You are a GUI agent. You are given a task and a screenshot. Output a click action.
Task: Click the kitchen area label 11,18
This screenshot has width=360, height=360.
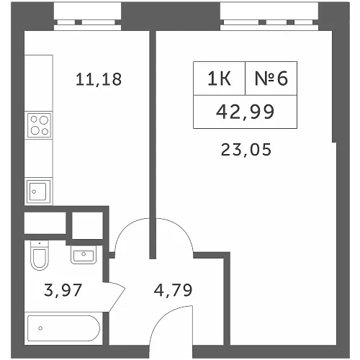coord(99,80)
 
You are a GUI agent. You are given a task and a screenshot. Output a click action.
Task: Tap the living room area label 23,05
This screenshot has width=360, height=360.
coord(246,150)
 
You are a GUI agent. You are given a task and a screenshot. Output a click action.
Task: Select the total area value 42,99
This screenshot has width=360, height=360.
coord(245,112)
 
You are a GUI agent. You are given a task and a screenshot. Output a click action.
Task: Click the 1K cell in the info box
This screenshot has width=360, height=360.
coord(220,78)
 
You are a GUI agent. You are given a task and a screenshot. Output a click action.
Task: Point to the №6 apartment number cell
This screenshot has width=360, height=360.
coord(271,78)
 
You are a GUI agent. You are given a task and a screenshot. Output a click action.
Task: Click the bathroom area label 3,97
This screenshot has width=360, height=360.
coord(63,290)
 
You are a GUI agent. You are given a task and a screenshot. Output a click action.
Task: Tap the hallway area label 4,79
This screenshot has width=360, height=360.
coord(173,290)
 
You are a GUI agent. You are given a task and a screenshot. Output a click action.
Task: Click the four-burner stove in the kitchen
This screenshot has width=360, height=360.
coord(40,125)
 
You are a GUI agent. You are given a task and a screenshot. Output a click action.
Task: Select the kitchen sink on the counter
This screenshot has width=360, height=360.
coord(38,192)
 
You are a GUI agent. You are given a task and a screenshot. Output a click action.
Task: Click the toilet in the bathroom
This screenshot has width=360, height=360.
coord(40,255)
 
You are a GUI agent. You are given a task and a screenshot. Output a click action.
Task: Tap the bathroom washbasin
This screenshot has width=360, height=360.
coord(84,255)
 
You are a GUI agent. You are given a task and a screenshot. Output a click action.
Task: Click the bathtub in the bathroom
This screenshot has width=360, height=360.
coord(63,328)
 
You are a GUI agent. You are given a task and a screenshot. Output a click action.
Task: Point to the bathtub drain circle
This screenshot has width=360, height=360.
coord(40,328)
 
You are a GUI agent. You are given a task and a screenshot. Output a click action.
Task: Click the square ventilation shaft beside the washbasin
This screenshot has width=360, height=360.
coord(87,225)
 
